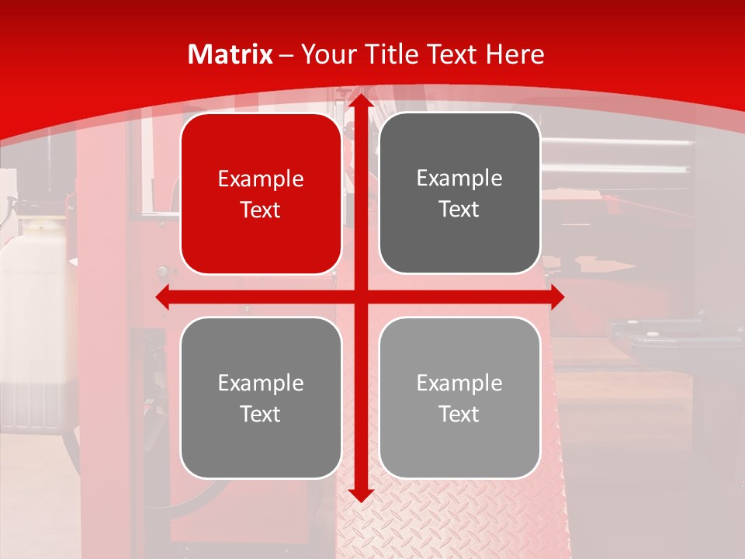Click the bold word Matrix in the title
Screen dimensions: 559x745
click(230, 54)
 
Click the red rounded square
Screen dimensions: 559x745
click(261, 194)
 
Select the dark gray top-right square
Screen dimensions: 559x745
click(459, 193)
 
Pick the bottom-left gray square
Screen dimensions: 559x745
click(261, 398)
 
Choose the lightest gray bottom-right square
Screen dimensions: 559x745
click(459, 398)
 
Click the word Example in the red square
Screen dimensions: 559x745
click(261, 179)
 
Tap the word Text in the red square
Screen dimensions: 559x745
click(261, 210)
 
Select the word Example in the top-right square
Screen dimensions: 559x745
click(459, 179)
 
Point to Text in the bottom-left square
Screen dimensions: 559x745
click(261, 415)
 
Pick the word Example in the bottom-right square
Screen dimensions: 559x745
click(459, 384)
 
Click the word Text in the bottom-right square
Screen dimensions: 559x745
click(459, 415)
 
